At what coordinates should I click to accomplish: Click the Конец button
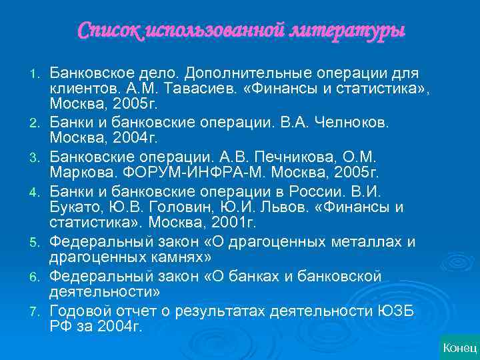pos(459,347)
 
